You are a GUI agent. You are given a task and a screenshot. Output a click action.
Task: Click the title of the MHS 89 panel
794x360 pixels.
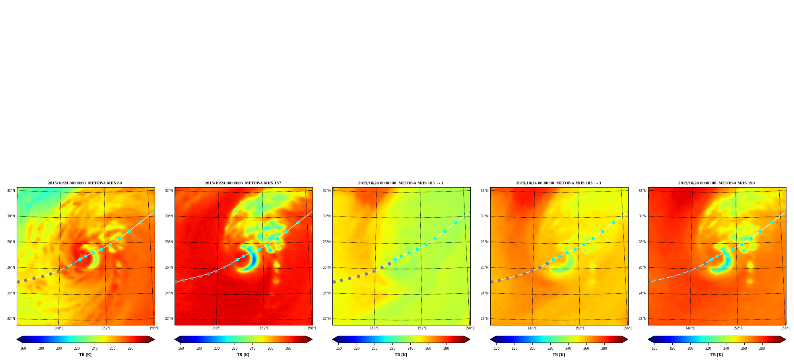click(85, 183)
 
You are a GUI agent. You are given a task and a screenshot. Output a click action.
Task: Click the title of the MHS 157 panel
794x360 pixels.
click(243, 183)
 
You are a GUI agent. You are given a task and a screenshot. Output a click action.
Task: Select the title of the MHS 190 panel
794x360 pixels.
click(716, 183)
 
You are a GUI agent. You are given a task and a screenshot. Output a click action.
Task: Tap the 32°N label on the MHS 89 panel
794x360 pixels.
click(11, 191)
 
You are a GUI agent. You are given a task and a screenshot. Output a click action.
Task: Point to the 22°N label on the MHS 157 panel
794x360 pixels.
click(169, 319)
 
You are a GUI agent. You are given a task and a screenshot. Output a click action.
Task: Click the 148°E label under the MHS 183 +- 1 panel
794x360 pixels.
click(375, 328)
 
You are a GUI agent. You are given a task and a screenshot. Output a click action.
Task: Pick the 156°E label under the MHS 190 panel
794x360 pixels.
click(786, 328)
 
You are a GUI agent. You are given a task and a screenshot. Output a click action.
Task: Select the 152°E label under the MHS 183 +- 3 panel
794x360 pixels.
click(580, 328)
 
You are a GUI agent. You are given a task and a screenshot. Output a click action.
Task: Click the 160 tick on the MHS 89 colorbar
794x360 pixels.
click(23, 348)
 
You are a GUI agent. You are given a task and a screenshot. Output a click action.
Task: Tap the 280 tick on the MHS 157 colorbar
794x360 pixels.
click(288, 348)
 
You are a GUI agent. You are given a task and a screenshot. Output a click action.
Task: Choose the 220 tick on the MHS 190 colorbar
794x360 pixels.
click(708, 348)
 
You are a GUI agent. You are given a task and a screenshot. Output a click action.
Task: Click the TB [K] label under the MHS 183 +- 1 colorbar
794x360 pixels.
click(401, 355)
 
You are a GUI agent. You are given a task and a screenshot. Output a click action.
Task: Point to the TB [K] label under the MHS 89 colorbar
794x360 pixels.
click(85, 355)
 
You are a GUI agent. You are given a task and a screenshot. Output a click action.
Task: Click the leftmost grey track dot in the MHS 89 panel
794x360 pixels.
click(18, 282)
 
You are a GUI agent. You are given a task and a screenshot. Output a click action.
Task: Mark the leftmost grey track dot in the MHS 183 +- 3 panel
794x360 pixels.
click(492, 282)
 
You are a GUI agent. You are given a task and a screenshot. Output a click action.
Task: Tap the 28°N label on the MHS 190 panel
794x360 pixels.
click(643, 242)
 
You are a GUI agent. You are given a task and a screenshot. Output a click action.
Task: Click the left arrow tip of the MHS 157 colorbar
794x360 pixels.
click(175, 339)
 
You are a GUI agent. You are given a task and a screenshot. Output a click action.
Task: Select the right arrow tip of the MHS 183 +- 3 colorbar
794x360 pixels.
click(628, 339)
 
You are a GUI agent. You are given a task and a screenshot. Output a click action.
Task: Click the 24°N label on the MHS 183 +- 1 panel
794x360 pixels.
click(327, 293)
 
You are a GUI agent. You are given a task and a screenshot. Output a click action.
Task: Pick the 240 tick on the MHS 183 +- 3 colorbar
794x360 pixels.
click(568, 348)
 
